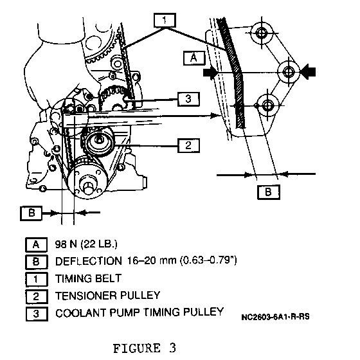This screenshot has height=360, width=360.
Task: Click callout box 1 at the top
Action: pyautogui.click(x=165, y=21)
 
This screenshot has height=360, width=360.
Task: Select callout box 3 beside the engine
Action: pyautogui.click(x=188, y=99)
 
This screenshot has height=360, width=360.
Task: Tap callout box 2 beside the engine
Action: pyautogui.click(x=188, y=145)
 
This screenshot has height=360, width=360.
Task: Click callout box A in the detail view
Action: pyautogui.click(x=194, y=58)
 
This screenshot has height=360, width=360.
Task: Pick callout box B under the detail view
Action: pyautogui.click(x=269, y=192)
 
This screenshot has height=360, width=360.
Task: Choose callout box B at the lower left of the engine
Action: pyautogui.click(x=32, y=213)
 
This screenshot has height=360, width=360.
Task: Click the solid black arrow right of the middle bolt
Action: pyautogui.click(x=308, y=72)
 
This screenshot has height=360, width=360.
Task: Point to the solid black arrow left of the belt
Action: pyautogui.click(x=211, y=73)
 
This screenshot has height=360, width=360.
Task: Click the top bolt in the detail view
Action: pyautogui.click(x=261, y=33)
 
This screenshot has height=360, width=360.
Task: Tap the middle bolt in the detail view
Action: pyautogui.click(x=289, y=72)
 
